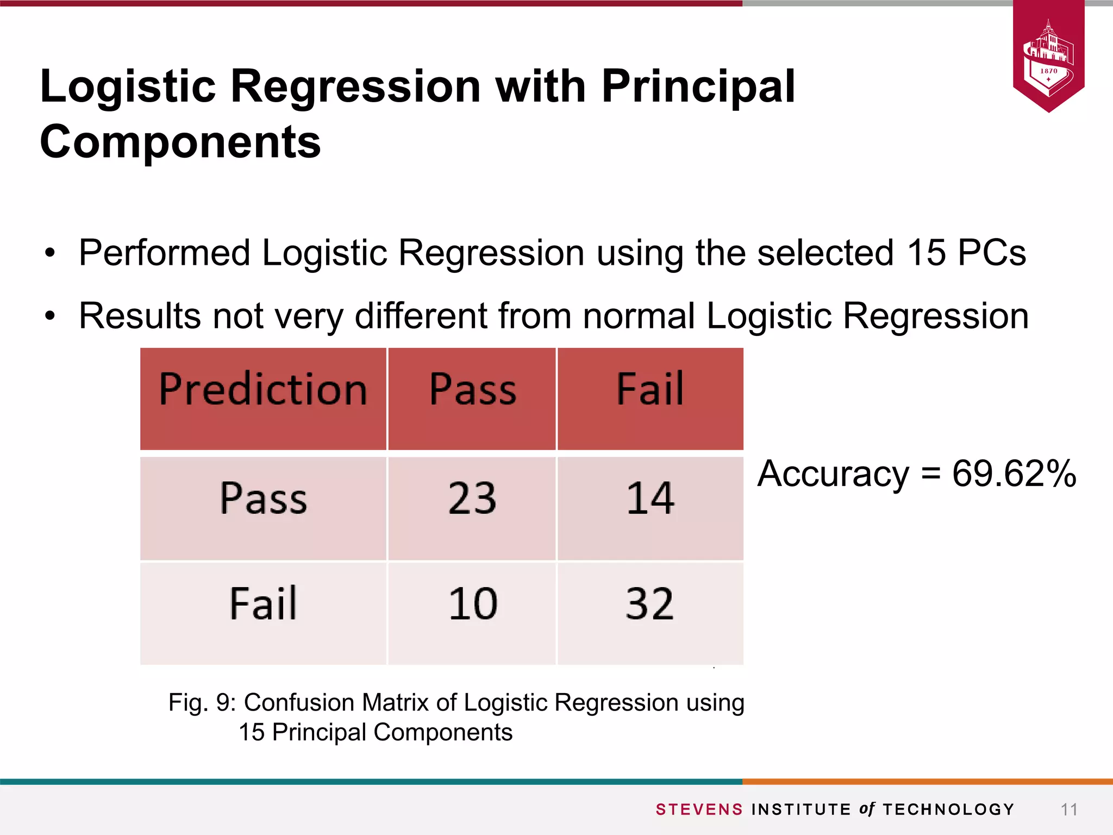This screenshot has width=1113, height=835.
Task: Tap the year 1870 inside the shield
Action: click(1049, 71)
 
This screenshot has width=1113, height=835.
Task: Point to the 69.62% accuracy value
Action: click(1014, 473)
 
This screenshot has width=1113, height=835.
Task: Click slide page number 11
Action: click(1069, 809)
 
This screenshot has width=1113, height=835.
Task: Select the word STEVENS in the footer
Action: click(699, 809)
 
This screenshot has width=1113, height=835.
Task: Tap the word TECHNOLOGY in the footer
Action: click(948, 809)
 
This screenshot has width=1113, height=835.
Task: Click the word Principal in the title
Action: click(698, 86)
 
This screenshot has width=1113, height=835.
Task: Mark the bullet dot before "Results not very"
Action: click(50, 316)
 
